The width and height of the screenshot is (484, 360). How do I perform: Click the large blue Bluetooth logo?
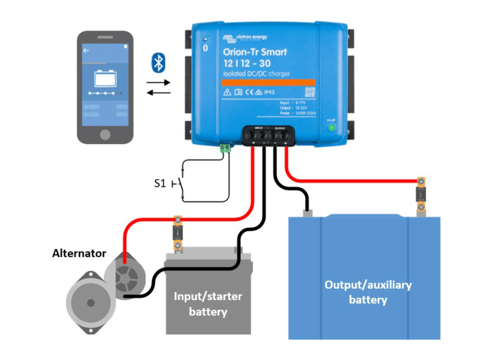click(158, 63)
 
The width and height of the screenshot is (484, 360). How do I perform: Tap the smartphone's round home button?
click(105, 134)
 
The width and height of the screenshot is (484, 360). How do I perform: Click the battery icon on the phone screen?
click(105, 78)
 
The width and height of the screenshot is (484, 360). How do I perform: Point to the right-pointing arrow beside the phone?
click(158, 83)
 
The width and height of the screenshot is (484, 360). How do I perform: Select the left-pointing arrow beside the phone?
click(158, 93)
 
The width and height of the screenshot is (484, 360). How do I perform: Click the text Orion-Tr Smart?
click(255, 52)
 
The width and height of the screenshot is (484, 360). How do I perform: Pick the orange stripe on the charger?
click(268, 83)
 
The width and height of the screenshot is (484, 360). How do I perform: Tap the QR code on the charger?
click(310, 92)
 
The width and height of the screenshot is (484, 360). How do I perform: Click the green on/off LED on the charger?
click(331, 128)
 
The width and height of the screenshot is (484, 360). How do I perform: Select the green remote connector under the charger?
click(225, 148)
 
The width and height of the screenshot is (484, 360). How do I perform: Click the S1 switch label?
click(160, 183)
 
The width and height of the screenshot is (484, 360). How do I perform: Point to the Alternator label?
click(79, 253)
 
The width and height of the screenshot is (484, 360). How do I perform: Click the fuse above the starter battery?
click(178, 233)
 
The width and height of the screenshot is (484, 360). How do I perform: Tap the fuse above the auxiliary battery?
click(421, 194)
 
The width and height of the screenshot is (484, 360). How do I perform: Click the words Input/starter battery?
click(208, 304)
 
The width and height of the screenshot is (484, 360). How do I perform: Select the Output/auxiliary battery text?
click(368, 292)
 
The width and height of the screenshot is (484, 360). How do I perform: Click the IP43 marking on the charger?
click(269, 92)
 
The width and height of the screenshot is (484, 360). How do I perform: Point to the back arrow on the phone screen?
click(86, 51)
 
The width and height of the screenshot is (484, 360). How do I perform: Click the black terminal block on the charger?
click(268, 135)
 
